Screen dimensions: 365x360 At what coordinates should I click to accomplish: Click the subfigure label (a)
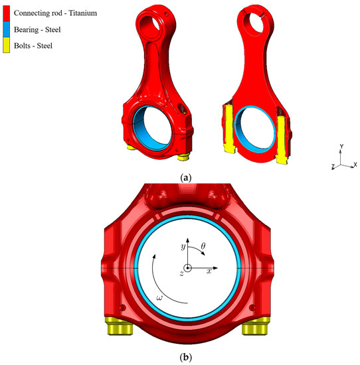[x=186, y=177]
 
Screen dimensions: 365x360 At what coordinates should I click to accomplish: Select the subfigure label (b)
[x=187, y=357]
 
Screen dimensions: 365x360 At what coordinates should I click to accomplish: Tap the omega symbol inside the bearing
[x=160, y=298]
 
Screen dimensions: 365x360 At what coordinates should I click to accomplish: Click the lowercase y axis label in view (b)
[x=182, y=246]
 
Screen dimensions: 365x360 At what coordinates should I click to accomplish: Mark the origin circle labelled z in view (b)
[x=188, y=268]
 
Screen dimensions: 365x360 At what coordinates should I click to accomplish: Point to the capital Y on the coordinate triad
[x=341, y=145]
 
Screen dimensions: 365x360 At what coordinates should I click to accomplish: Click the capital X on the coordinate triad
[x=355, y=164]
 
